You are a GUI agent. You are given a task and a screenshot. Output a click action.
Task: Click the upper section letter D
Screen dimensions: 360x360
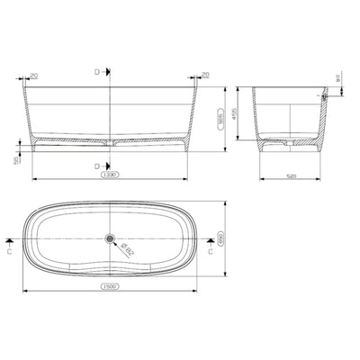point(98,70)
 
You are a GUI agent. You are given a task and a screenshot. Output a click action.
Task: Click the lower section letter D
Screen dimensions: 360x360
point(98,166)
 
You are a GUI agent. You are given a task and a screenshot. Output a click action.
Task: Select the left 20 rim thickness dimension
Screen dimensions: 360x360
point(34,76)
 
